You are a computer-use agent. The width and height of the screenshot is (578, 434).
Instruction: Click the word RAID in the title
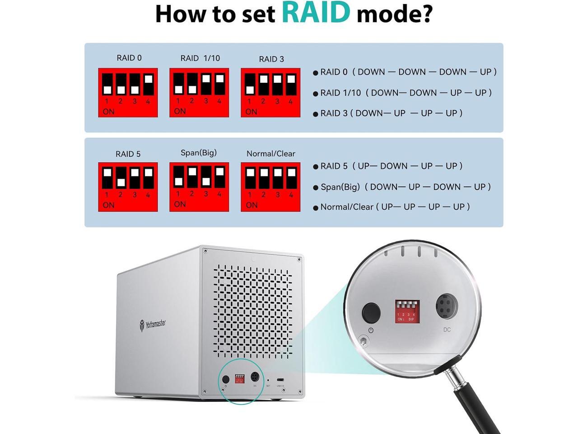316,13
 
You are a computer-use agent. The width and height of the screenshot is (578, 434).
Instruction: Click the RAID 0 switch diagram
128,93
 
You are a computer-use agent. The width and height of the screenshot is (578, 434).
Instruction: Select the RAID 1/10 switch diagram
199,93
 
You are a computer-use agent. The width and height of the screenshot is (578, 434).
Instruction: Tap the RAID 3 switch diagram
270,93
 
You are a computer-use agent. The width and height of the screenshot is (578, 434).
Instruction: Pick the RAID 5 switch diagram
128,187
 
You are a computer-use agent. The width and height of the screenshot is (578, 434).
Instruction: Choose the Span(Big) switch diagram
199,187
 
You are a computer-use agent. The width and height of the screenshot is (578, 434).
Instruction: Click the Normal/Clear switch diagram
270,187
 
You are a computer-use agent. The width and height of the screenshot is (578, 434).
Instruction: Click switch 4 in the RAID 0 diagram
148,85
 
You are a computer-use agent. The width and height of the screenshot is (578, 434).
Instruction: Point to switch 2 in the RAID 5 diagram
121,178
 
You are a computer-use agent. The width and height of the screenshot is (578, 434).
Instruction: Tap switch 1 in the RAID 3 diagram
250,85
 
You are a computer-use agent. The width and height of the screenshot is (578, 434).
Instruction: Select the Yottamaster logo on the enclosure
153,324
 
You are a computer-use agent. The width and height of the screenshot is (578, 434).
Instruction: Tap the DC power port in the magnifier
446,307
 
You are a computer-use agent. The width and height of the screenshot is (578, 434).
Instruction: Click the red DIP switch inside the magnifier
407,311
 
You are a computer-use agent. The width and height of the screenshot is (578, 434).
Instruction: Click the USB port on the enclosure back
280,380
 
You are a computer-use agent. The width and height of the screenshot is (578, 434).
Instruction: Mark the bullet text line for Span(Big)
405,187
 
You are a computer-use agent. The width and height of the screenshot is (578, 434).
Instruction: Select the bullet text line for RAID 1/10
405,93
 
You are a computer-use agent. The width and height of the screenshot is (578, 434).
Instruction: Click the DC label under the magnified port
447,330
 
